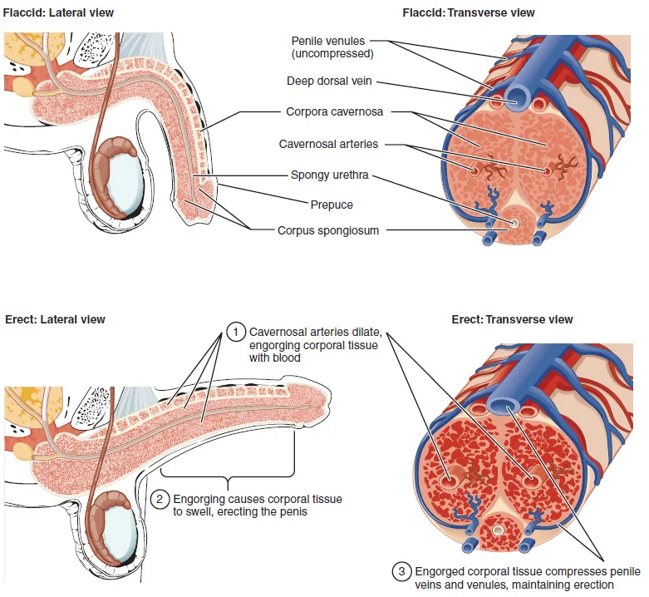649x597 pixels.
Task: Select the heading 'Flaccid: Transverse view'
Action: [x=468, y=13]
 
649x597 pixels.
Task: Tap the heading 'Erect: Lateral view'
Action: [x=55, y=319]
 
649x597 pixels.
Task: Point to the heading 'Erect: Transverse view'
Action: [x=512, y=319]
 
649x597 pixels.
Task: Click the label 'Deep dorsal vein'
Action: [x=327, y=81]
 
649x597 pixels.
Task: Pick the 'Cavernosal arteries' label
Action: [x=328, y=144]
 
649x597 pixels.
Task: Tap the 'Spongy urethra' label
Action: [x=329, y=175]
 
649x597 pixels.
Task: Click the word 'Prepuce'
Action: [x=332, y=205]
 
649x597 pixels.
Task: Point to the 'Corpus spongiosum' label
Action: [x=328, y=230]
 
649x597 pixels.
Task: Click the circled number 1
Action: [x=236, y=332]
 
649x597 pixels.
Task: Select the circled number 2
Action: [x=160, y=499]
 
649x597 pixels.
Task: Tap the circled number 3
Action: [x=401, y=571]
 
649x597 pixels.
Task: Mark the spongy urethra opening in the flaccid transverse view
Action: [x=514, y=223]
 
